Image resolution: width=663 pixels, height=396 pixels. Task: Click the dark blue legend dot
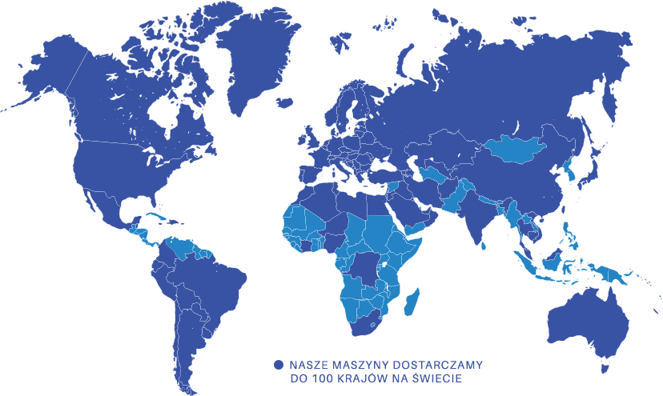(x=279, y=364)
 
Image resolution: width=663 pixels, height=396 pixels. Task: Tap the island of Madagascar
(x=412, y=305)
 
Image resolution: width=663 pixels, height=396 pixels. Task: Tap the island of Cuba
(x=156, y=215)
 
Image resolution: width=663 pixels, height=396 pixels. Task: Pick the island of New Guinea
(x=617, y=276)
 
